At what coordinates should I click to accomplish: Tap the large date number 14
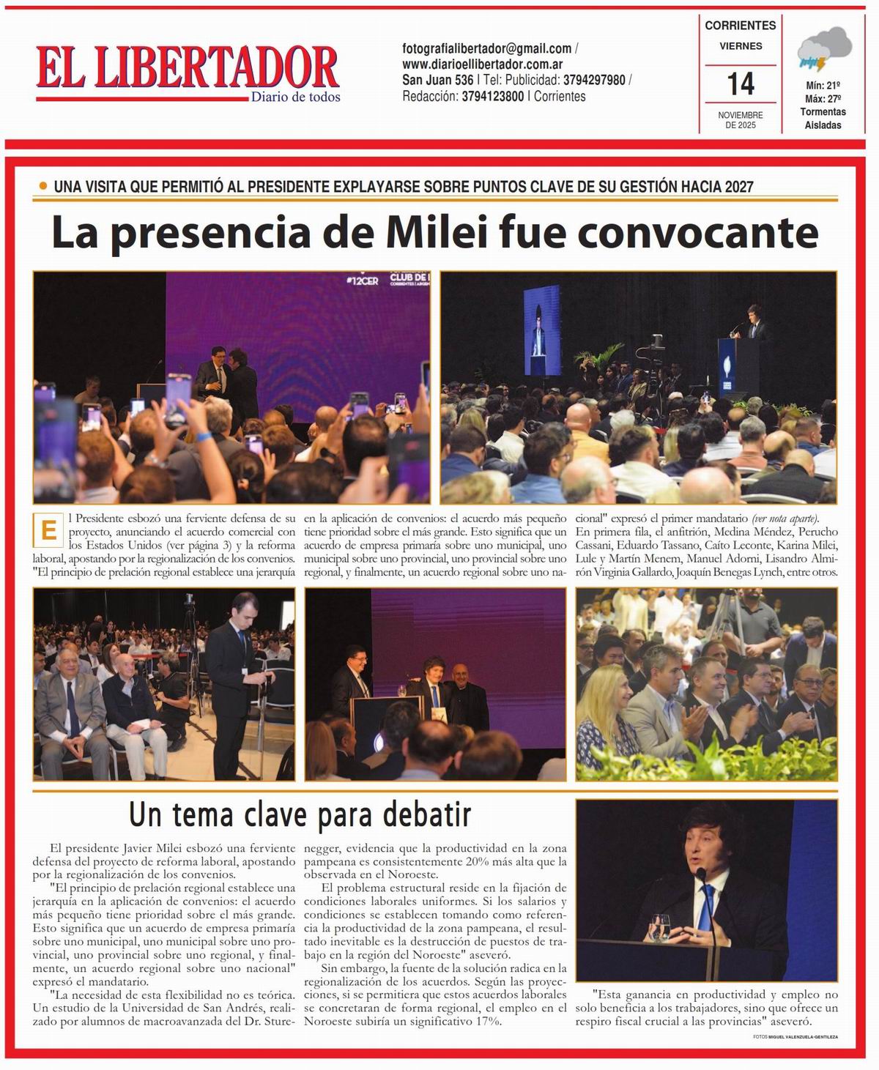point(741,84)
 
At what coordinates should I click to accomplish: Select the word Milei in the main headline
point(434,233)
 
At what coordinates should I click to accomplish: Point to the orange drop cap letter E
point(49,530)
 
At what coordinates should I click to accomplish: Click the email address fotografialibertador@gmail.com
point(487,49)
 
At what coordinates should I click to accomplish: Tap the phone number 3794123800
point(492,96)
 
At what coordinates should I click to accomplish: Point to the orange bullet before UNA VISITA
point(43,186)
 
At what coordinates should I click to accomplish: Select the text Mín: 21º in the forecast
point(823,86)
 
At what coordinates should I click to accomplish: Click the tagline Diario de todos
point(295,97)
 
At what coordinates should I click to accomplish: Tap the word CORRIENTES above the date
point(740,26)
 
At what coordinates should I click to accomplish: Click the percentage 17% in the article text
point(487,1022)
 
